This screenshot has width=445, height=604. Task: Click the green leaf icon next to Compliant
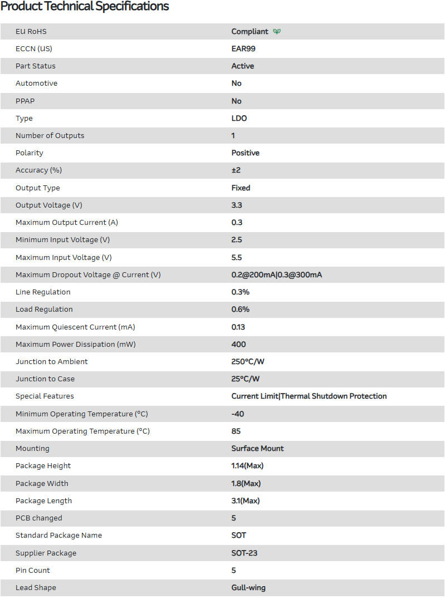[x=277, y=32]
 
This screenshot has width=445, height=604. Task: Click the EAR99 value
[x=243, y=49]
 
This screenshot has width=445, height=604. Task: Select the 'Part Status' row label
[x=36, y=66]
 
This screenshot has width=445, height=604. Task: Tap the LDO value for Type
[x=239, y=119]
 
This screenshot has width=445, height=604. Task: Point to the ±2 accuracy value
[x=236, y=170]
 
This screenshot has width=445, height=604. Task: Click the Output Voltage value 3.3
[x=237, y=205]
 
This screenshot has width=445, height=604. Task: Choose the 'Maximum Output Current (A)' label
[x=67, y=223]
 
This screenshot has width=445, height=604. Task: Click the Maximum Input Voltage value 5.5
[x=237, y=258]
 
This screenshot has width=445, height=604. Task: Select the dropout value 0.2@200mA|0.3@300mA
[x=276, y=275]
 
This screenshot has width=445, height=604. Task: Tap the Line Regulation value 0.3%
[x=241, y=292]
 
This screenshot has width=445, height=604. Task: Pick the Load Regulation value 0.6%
[x=241, y=310]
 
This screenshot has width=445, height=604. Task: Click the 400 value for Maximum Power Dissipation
[x=238, y=345]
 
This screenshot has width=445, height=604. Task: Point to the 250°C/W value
[x=248, y=362]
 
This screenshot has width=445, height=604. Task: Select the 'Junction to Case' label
[x=45, y=379]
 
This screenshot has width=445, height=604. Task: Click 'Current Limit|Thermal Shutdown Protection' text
[x=309, y=396]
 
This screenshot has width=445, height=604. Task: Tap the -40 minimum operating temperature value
[x=238, y=414]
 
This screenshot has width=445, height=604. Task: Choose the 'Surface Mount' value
[x=257, y=449]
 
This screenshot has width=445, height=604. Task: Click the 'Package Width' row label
[x=42, y=484]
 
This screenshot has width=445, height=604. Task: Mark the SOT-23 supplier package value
[x=244, y=553]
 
